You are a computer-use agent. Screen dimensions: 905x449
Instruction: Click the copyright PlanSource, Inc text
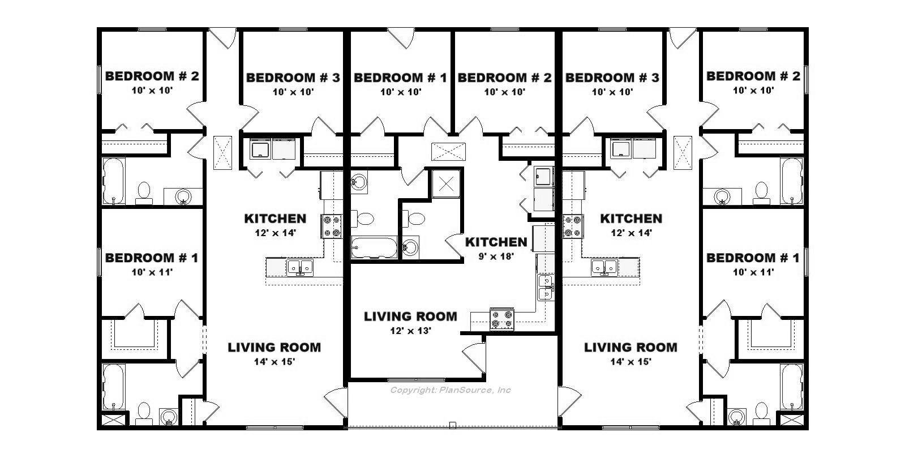tap(450, 390)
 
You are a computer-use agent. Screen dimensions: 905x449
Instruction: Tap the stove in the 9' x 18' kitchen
tap(502, 319)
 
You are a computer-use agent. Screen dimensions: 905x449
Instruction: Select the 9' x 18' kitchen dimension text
tap(496, 256)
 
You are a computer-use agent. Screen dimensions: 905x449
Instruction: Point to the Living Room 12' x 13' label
tap(410, 316)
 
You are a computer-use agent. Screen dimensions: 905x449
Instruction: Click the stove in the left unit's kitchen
tap(332, 226)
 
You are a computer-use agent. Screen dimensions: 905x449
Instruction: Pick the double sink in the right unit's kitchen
tap(604, 268)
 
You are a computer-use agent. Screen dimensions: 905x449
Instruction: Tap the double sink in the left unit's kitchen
tap(300, 268)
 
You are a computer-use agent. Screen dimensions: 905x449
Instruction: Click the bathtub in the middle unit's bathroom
tap(374, 248)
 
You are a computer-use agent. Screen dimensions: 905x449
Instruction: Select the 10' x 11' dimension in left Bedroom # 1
tap(152, 272)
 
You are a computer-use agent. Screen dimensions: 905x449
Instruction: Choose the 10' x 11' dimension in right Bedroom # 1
tap(753, 272)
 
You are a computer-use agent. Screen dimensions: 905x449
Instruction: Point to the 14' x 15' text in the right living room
tap(631, 361)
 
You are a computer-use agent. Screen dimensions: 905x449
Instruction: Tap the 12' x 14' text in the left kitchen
tap(276, 233)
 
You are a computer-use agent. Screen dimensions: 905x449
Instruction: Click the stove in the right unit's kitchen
tap(573, 226)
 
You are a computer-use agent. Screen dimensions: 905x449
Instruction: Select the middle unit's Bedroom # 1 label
tap(400, 78)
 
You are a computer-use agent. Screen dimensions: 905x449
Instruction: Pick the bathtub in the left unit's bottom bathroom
tap(113, 387)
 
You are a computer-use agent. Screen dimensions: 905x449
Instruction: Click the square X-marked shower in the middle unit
tap(446, 184)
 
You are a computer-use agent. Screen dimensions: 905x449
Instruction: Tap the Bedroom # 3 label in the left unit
tap(293, 78)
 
